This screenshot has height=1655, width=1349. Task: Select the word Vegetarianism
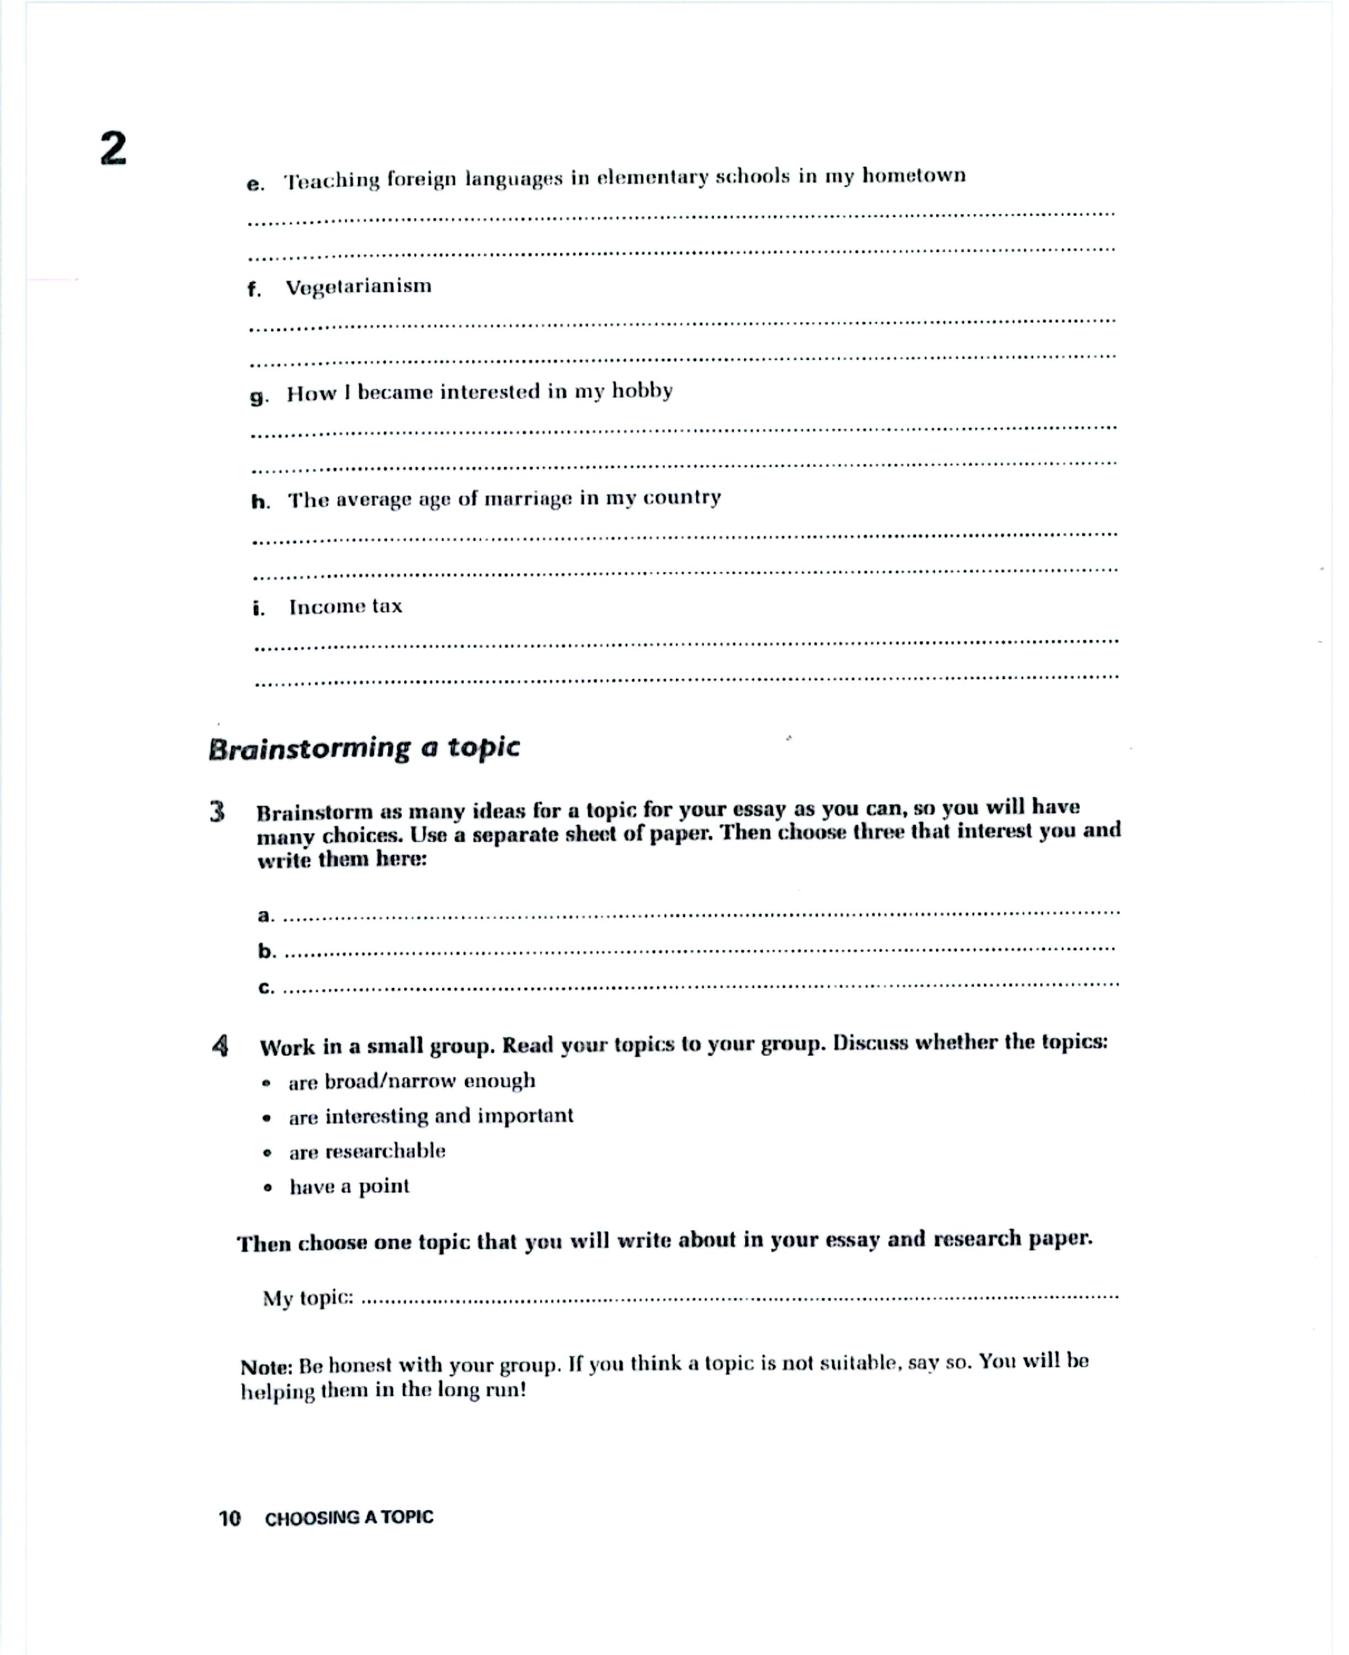(358, 287)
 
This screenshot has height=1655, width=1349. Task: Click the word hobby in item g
(642, 391)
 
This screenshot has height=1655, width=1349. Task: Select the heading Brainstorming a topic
(364, 748)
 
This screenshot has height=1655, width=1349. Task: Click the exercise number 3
(217, 812)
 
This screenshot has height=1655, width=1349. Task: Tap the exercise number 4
(221, 1046)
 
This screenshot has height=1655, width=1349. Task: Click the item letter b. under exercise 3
(266, 951)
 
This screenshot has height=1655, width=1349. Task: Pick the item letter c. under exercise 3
(266, 987)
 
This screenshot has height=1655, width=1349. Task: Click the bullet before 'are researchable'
(267, 1153)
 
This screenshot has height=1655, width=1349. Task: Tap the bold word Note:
(266, 1366)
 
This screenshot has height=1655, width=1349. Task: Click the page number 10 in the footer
(230, 1518)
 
